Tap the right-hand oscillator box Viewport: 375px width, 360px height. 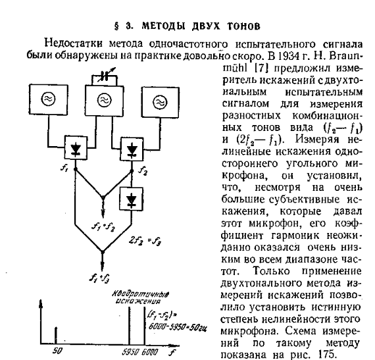pos(159,101)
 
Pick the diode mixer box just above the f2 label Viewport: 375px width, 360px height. pos(134,149)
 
